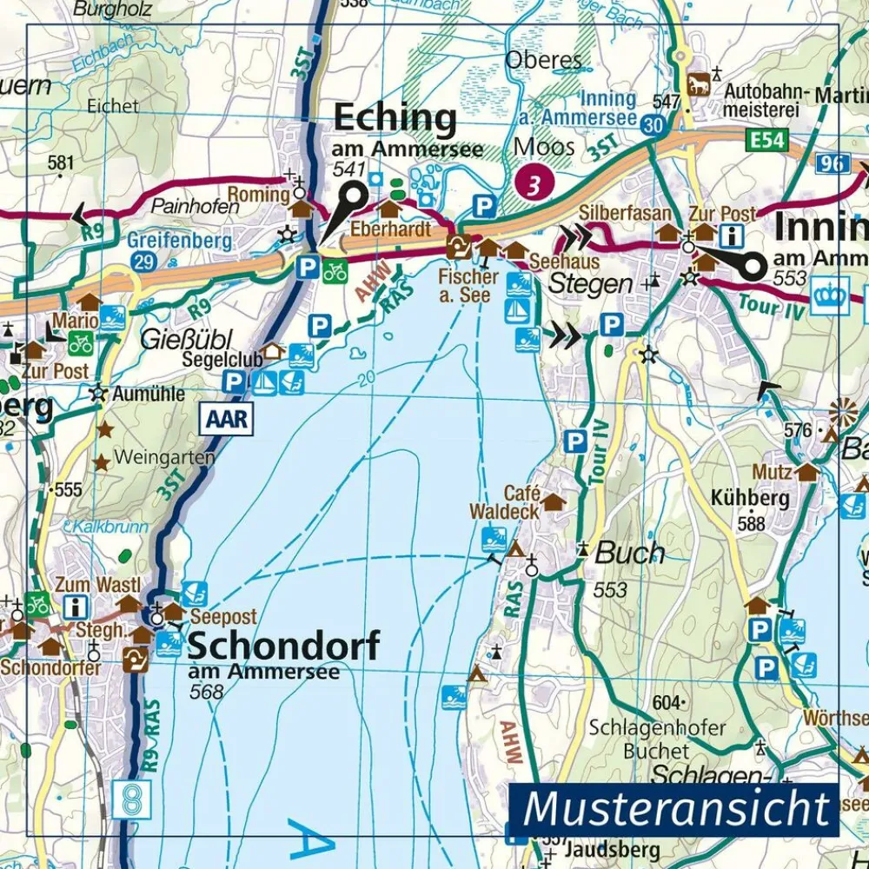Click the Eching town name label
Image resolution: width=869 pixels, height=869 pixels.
click(x=395, y=119)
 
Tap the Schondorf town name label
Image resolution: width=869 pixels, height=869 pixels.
click(x=283, y=647)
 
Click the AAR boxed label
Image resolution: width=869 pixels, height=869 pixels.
click(x=228, y=420)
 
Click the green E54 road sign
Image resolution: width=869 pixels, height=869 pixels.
click(x=766, y=138)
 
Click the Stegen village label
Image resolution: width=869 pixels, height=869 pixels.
click(x=590, y=283)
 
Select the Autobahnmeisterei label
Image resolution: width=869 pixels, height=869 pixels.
click(x=766, y=100)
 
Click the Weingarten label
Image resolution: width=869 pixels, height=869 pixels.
click(x=164, y=457)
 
